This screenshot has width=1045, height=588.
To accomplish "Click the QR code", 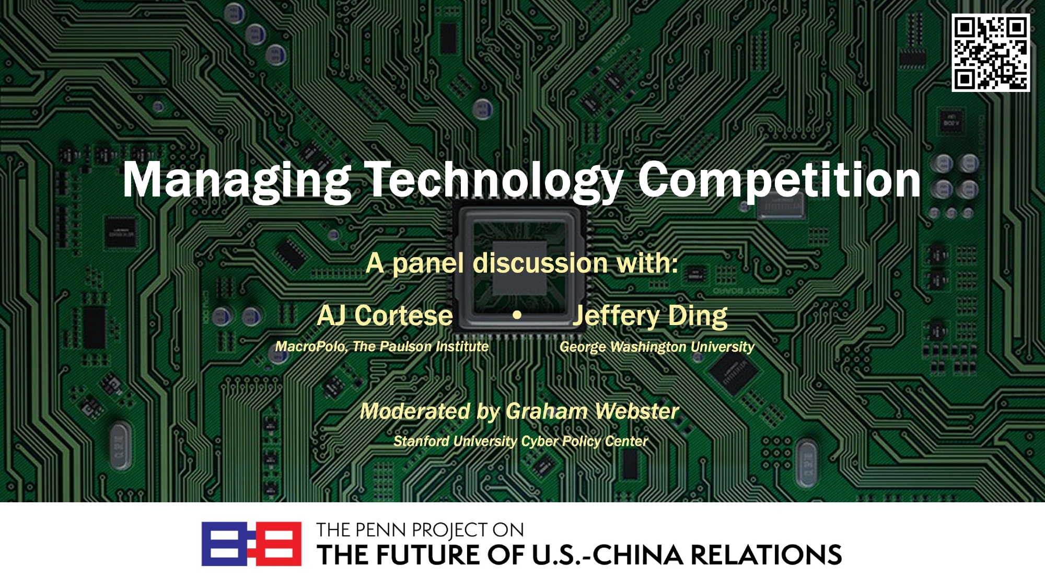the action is [991, 53].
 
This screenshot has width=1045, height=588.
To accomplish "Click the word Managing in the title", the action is [237, 181].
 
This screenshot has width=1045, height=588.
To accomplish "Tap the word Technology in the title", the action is [494, 181].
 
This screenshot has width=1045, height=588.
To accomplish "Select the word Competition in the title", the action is [779, 181].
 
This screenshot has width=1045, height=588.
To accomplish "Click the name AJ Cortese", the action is [385, 316].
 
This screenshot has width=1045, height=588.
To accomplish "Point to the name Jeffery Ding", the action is [651, 316].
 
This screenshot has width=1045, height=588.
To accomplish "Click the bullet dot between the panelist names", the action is [517, 315].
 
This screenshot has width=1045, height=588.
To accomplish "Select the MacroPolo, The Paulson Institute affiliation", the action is [382, 347].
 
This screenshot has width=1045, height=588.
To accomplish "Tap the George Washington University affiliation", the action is [657, 347].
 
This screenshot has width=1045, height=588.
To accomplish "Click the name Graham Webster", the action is [593, 411].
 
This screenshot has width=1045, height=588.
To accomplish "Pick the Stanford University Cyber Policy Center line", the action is [520, 442].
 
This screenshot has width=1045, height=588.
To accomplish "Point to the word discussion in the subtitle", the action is [541, 263].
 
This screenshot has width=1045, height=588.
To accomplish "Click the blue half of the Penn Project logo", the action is [225, 544].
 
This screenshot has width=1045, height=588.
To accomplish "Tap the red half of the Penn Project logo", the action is [277, 544].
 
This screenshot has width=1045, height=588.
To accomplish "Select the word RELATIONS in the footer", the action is [767, 555].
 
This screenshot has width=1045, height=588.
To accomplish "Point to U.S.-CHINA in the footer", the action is [607, 555].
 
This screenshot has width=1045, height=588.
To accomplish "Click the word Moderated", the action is [415, 411].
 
